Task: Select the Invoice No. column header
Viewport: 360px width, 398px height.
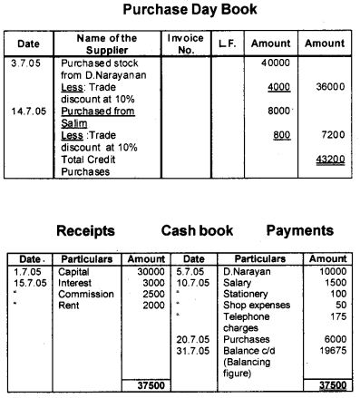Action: pyautogui.click(x=184, y=44)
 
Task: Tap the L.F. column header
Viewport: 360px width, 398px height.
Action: pyautogui.click(x=226, y=44)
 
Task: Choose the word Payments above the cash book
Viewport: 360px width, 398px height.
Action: pyautogui.click(x=302, y=232)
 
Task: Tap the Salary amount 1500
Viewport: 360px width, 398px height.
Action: pyautogui.click(x=337, y=282)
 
